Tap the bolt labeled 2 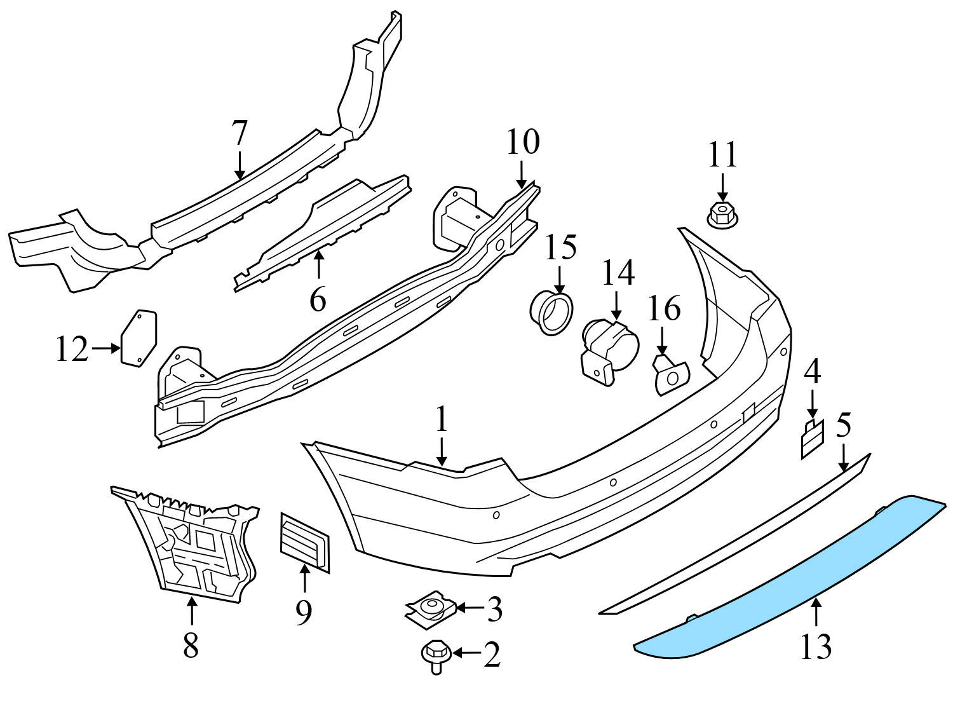pyautogui.click(x=435, y=655)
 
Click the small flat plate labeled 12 pyautogui.click(x=139, y=338)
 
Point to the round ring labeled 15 pyautogui.click(x=551, y=311)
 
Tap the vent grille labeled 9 pyautogui.click(x=304, y=541)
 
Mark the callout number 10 pyautogui.click(x=522, y=142)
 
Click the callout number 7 pyautogui.click(x=238, y=132)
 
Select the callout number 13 pyautogui.click(x=816, y=646)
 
